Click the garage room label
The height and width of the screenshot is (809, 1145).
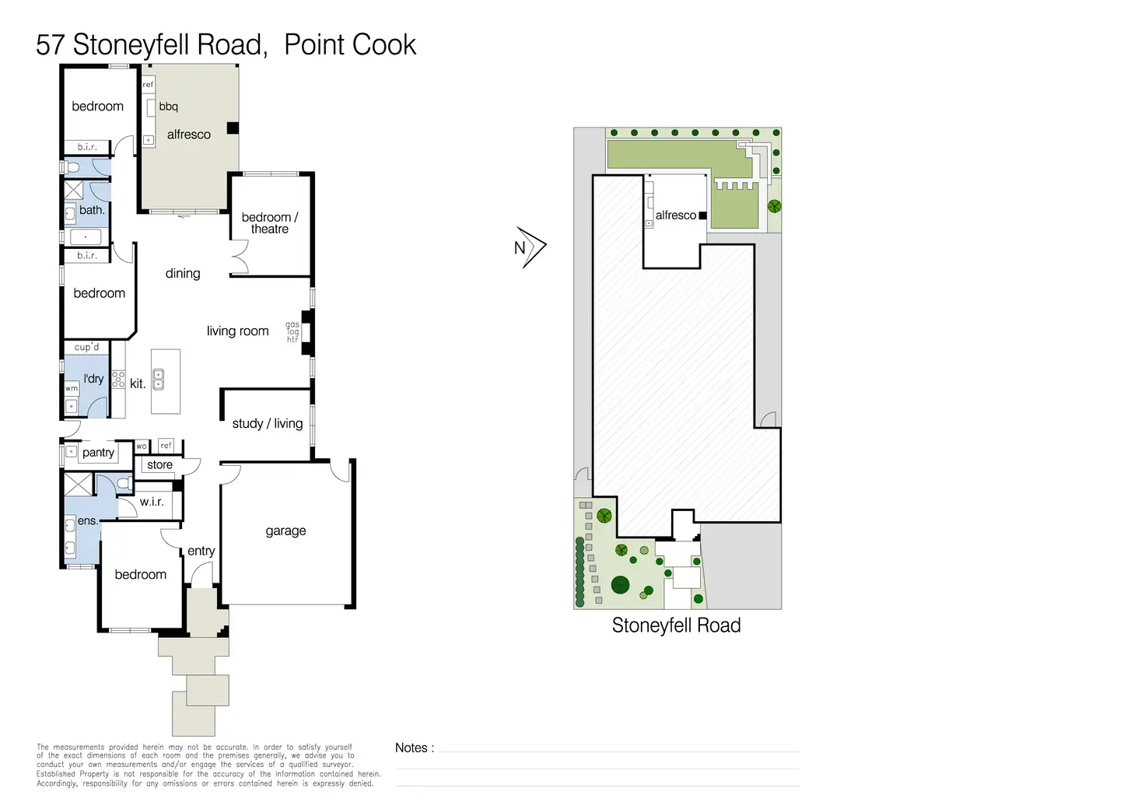285,531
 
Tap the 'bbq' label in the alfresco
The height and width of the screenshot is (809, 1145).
168,107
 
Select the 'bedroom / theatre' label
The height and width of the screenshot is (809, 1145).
270,223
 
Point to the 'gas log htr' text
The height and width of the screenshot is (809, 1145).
292,332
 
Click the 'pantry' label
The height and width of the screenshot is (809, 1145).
98,453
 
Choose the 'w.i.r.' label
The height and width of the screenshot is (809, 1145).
152,502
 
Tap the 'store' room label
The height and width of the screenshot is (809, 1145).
159,465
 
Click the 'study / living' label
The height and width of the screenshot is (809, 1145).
267,424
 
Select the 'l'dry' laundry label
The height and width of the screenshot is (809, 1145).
93,379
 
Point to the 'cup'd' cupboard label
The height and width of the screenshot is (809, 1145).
86,347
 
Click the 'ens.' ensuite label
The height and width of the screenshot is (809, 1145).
87,521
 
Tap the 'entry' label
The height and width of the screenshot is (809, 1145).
201,552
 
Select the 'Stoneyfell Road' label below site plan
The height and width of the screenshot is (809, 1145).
676,625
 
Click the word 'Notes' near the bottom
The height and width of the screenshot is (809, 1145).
411,748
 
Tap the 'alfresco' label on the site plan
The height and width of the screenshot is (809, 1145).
675,215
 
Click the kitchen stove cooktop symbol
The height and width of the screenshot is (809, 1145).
118,380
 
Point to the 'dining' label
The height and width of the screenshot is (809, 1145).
183,274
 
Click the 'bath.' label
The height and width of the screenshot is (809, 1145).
92,210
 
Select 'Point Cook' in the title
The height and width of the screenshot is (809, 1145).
350,45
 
